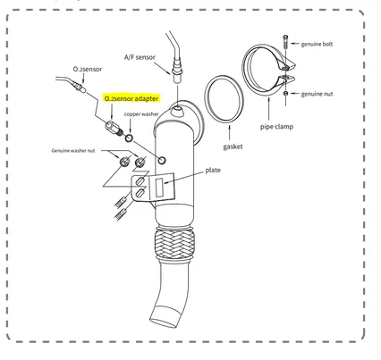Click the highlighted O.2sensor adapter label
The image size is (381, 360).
click(x=131, y=98)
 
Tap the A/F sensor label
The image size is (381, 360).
click(x=140, y=57)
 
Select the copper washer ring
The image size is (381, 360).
click(x=129, y=138)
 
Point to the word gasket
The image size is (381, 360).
click(x=233, y=147)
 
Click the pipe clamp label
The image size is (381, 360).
click(x=276, y=127)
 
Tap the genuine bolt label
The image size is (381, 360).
click(x=317, y=44)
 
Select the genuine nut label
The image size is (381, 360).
click(x=317, y=94)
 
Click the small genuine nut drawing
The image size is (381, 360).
click(x=285, y=94)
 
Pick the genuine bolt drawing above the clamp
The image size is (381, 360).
click(x=285, y=41)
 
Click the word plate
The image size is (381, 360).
click(x=213, y=171)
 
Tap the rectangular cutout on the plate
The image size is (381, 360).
click(x=160, y=188)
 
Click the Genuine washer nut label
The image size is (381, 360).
click(x=73, y=151)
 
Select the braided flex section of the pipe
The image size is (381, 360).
click(x=174, y=245)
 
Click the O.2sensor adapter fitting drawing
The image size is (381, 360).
click(x=114, y=128)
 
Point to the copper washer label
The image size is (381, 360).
click(x=141, y=114)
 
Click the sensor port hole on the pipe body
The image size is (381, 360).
click(x=162, y=160)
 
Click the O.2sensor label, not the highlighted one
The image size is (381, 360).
click(x=88, y=69)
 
